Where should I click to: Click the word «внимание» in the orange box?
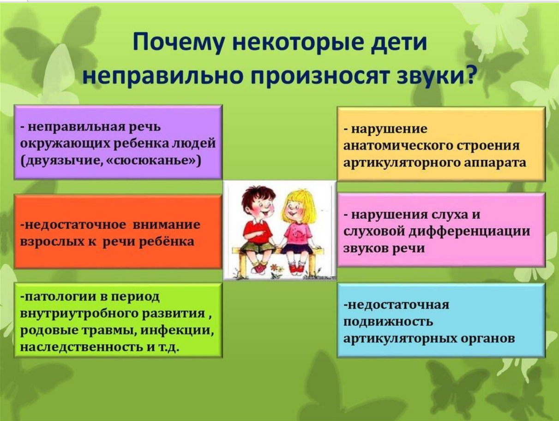(x=167, y=225)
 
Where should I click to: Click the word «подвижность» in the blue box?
(x=388, y=322)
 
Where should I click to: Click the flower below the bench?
(x=275, y=267)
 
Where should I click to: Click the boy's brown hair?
(x=257, y=195)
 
